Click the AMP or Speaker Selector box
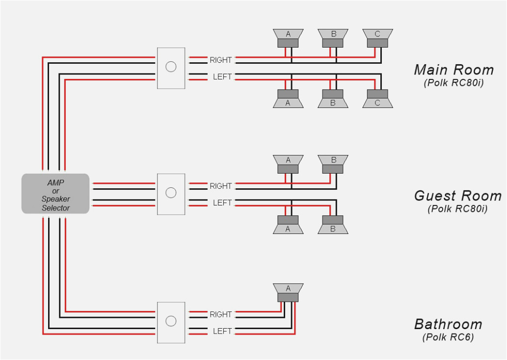pos(55,194)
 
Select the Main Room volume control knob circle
pos(171,67)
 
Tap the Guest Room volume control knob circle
pos(171,193)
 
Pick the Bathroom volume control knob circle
pos(171,321)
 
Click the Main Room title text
pos(454,70)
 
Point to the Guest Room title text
pos(457,196)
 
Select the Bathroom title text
pos(448,324)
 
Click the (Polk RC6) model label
pos(448,337)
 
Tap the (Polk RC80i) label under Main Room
pos(454,83)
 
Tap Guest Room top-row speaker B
pos(333,164)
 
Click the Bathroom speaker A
pos(288,292)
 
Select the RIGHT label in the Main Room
pos(220,60)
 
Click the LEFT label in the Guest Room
pos(222,203)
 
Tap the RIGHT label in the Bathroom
pos(220,314)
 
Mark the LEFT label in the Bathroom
pos(222,332)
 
